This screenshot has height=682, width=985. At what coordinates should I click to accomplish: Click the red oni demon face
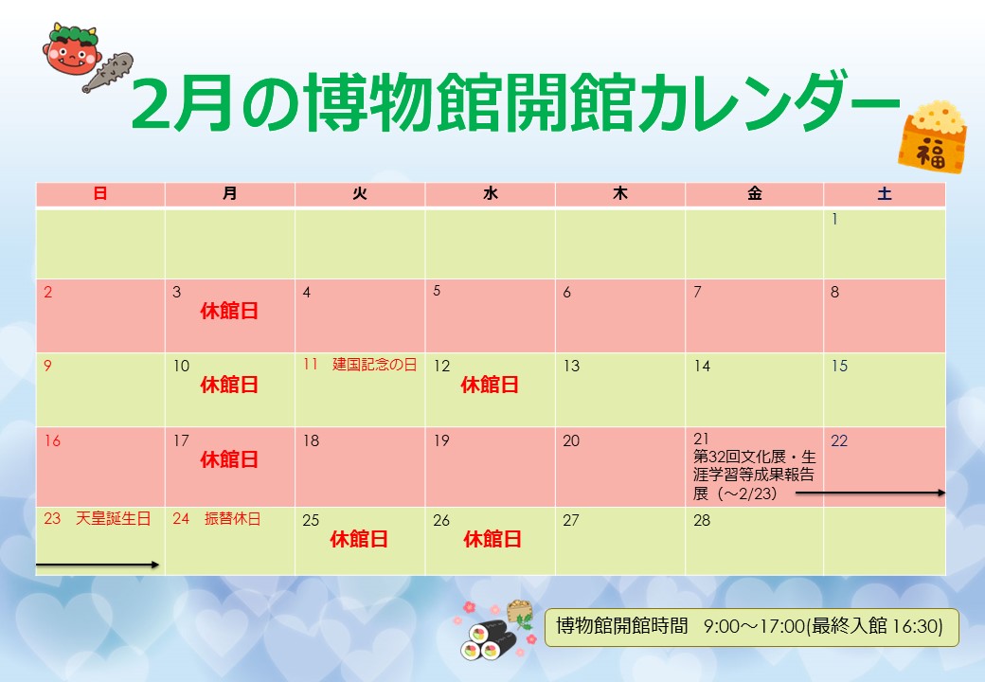pos(72,48)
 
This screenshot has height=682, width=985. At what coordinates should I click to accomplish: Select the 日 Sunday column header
pos(100,193)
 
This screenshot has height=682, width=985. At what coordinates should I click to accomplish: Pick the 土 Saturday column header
pos(885,193)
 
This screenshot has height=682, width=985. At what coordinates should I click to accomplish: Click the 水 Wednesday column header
pos(490,193)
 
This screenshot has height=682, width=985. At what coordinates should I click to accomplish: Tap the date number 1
pos(834,219)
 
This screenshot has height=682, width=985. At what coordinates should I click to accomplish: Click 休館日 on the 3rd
pos(229,311)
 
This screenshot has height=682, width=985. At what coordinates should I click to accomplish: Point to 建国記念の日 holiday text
pos(374,365)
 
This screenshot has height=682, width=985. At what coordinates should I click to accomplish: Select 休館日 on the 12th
pos(490,385)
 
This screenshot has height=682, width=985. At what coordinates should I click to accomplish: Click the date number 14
pos(702,367)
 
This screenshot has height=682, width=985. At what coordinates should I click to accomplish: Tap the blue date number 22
pos(839,440)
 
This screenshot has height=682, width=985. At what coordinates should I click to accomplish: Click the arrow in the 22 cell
pos(870,493)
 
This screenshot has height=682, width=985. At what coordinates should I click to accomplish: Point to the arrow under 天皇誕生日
pos(98,565)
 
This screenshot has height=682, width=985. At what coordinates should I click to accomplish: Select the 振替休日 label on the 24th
pos(232,519)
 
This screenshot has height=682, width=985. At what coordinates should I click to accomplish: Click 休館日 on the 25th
pos(359,540)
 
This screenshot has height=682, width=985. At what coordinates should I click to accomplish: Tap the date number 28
pos(702,520)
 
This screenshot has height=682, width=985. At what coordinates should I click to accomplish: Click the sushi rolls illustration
pos(488,639)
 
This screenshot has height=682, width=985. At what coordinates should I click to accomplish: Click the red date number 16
pos(52,440)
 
